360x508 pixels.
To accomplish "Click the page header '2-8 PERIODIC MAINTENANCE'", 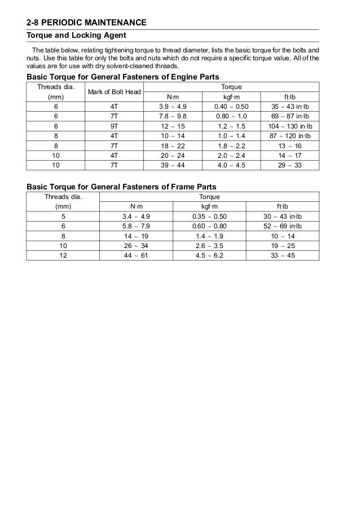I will (86, 23).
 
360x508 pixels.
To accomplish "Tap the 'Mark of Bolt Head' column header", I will (114, 92).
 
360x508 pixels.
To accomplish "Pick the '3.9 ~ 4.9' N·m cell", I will (177, 106).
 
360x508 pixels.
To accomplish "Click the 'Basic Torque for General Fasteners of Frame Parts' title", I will (122, 186).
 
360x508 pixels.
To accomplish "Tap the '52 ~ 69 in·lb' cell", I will (283, 226).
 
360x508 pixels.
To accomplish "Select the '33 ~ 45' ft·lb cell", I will (283, 256).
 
